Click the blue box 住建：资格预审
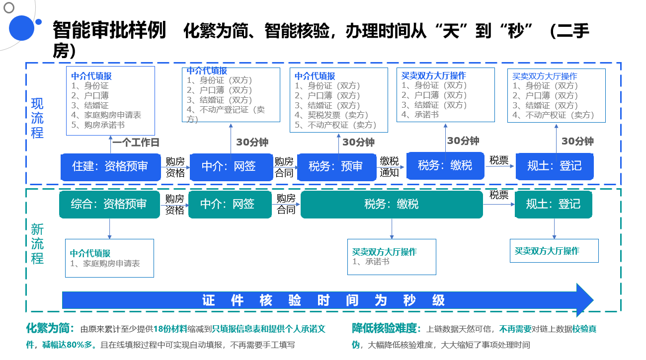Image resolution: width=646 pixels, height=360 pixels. (x=110, y=167)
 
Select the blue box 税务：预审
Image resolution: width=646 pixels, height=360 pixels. (x=336, y=167)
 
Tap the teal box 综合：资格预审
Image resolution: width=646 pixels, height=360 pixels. (x=109, y=205)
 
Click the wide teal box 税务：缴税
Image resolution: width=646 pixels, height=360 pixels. (x=392, y=205)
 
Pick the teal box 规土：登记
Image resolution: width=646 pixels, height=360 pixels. (x=554, y=205)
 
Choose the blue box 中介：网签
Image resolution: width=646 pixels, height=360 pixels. (x=231, y=167)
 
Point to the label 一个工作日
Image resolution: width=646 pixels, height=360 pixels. (x=136, y=143)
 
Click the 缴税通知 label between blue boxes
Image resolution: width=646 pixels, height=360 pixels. (x=389, y=167)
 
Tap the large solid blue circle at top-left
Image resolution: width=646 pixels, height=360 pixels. (x=22, y=28)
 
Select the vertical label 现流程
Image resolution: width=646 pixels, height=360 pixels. (x=37, y=118)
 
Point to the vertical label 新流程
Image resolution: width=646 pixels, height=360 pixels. (x=37, y=244)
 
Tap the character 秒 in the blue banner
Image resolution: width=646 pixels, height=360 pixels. (x=409, y=300)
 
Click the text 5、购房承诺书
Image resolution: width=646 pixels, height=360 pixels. (x=98, y=125)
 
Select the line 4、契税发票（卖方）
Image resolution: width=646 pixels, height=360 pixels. (x=331, y=115)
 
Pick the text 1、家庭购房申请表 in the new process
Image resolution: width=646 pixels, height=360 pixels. (x=105, y=264)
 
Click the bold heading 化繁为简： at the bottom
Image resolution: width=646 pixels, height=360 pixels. (x=51, y=328)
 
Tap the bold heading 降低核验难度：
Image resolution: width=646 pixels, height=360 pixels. (x=387, y=328)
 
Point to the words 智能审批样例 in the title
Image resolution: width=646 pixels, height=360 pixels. (x=109, y=30)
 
